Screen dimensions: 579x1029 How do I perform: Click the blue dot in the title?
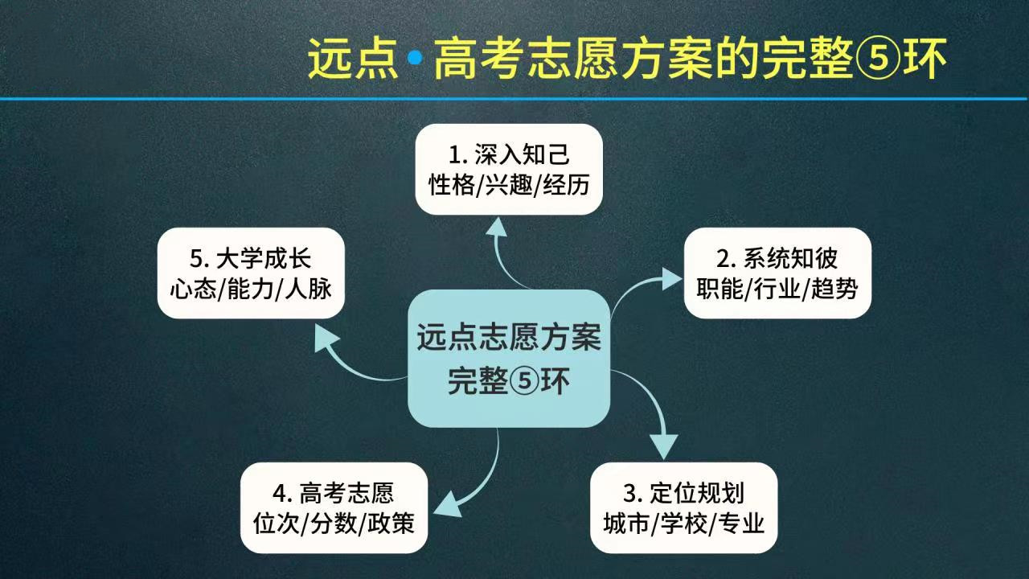(x=416, y=58)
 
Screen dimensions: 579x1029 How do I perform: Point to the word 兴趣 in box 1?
(x=509, y=186)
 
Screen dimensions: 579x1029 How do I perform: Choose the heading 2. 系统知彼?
(x=777, y=259)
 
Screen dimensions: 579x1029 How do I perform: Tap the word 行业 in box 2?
(x=777, y=289)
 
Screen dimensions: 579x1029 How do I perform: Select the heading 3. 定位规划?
(x=684, y=493)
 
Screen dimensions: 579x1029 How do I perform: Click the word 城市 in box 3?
(x=625, y=524)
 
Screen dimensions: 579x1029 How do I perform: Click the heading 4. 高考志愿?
(x=334, y=493)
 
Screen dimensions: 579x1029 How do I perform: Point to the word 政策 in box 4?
(x=392, y=524)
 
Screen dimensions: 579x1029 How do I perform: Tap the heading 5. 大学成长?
(x=251, y=259)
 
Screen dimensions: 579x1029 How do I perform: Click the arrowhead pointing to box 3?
(x=663, y=445)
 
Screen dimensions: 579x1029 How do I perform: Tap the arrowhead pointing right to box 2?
(x=670, y=278)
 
